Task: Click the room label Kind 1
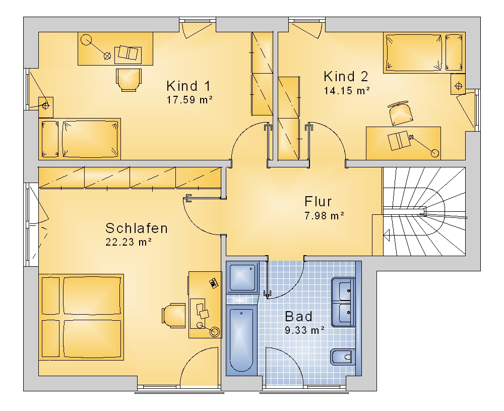click(188, 86)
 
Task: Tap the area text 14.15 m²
click(347, 90)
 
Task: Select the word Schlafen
click(137, 228)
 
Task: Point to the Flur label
click(318, 201)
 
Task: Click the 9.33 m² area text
click(304, 330)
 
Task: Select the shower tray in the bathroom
click(243, 277)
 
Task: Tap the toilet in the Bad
click(343, 357)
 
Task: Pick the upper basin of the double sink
click(343, 288)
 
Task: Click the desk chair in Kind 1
click(128, 80)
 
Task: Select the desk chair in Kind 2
click(400, 113)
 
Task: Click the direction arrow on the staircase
click(387, 235)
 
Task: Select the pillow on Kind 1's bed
click(50, 139)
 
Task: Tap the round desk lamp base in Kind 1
click(86, 40)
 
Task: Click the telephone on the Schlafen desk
click(214, 283)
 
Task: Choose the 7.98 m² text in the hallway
click(324, 215)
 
